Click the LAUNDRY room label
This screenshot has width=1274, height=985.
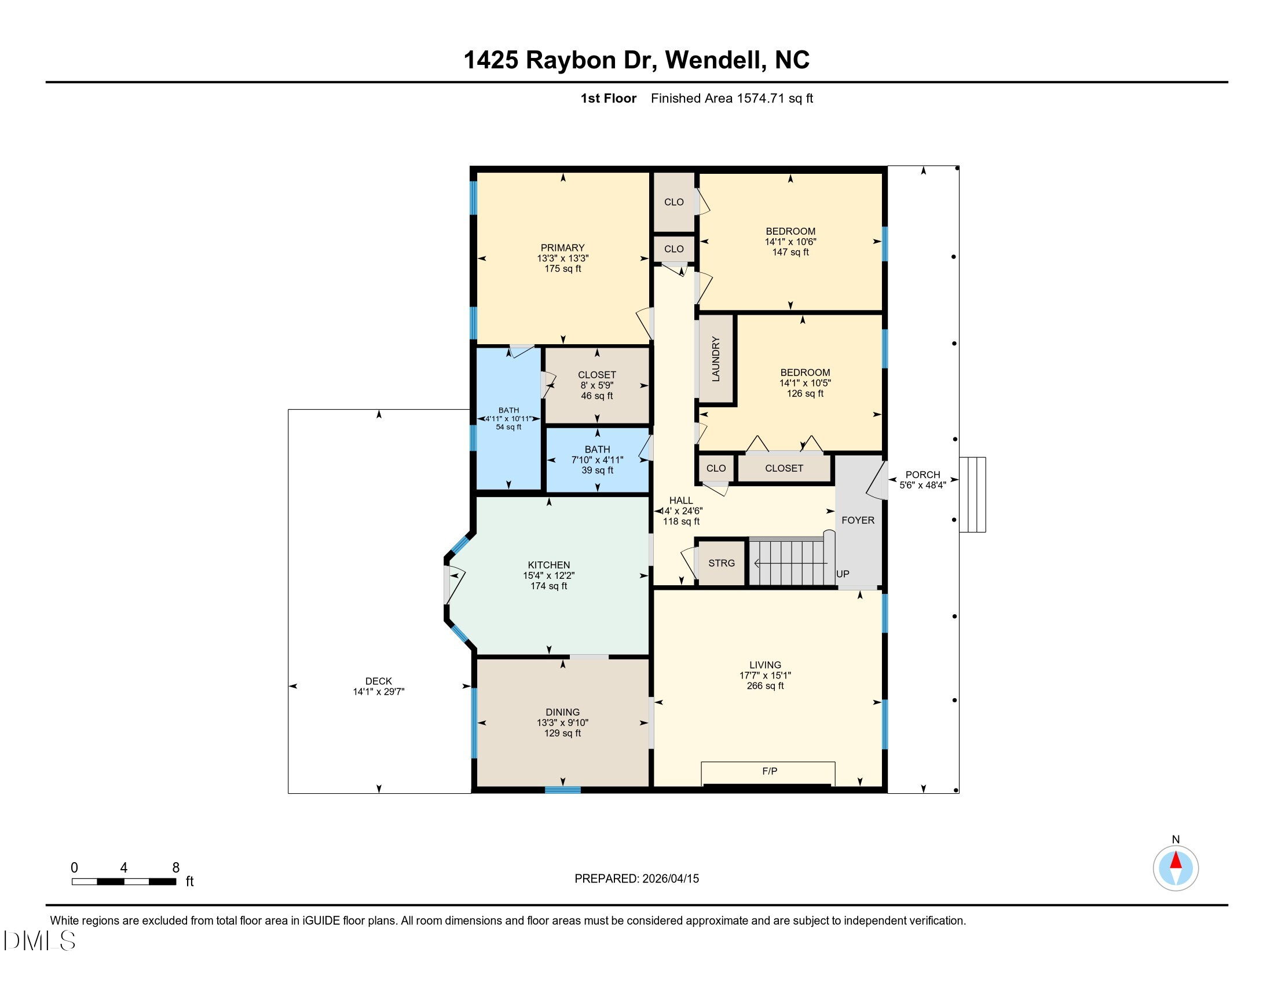(716, 359)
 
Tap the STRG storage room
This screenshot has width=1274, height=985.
(722, 563)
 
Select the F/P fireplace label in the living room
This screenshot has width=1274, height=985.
(770, 771)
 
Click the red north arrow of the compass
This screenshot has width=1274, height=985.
(1176, 860)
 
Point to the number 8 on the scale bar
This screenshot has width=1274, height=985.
(175, 868)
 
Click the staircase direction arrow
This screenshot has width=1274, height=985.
(790, 563)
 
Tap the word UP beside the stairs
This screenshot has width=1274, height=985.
(843, 574)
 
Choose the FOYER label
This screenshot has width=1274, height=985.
(858, 520)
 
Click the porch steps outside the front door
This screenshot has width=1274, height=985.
(973, 495)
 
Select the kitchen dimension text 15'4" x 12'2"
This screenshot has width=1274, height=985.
(549, 575)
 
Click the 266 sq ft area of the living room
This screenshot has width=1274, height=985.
(766, 685)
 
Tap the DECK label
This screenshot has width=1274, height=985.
(379, 681)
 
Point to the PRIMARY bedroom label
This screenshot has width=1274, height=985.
(562, 248)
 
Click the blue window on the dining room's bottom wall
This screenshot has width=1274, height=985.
(563, 790)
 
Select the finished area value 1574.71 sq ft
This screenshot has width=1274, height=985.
(775, 99)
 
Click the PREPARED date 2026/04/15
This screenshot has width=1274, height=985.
(670, 879)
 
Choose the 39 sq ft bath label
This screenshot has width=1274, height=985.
(598, 470)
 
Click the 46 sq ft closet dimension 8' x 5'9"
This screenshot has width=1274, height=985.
(596, 385)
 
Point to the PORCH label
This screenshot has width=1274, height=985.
(923, 475)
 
